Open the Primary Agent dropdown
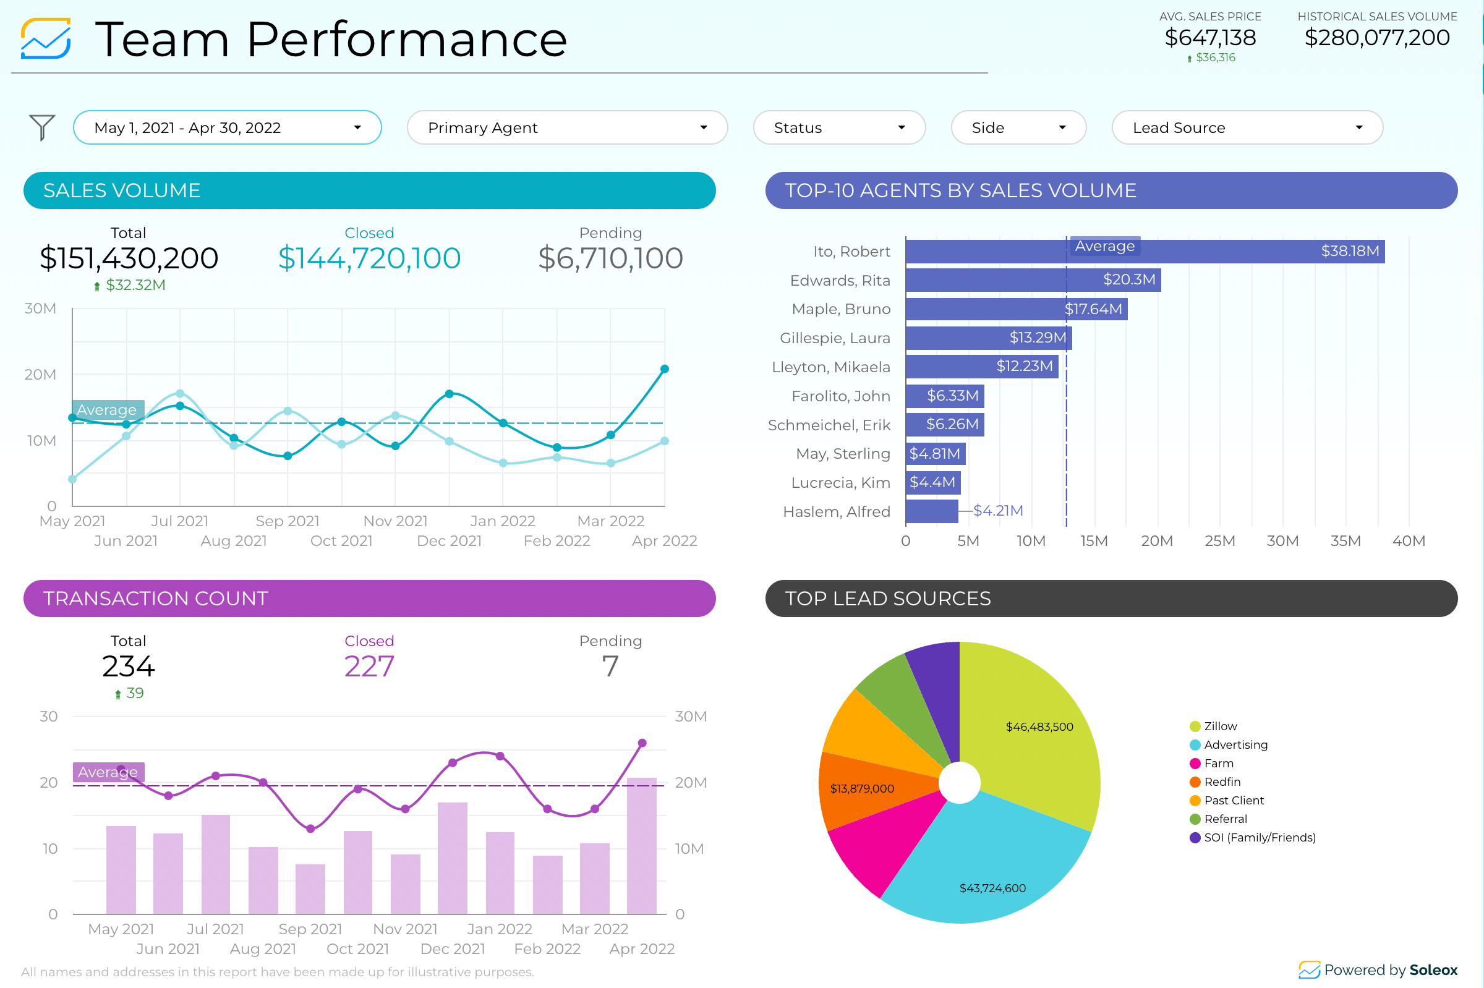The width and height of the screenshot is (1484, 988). point(566,128)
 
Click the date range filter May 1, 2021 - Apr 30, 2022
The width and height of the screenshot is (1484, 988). point(227,128)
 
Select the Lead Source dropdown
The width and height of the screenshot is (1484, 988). point(1247,128)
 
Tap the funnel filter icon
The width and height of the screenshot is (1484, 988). point(42,128)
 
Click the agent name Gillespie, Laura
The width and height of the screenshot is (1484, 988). point(834,338)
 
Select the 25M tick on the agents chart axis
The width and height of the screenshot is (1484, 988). point(1219,541)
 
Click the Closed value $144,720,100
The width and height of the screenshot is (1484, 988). point(369,258)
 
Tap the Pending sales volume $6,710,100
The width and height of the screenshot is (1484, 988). point(610,258)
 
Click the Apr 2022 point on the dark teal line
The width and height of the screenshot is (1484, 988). point(664,369)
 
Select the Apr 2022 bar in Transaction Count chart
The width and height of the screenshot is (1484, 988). point(641,846)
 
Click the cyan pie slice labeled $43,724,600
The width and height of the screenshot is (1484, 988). point(989,869)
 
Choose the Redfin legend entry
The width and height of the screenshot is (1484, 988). point(1221,782)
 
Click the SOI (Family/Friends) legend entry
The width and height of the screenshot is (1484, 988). point(1258,837)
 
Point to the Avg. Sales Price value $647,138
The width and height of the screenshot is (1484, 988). point(1210,38)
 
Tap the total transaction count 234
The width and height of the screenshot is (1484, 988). point(129,666)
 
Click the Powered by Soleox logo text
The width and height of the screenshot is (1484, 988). point(1389,969)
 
